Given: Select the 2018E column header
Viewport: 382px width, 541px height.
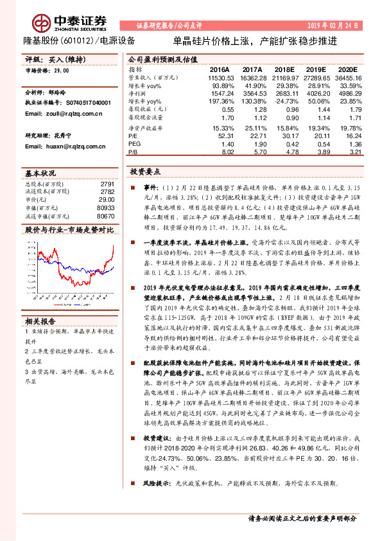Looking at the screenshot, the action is click(x=287, y=69).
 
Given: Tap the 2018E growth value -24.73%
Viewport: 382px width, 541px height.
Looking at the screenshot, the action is click(x=287, y=102).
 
